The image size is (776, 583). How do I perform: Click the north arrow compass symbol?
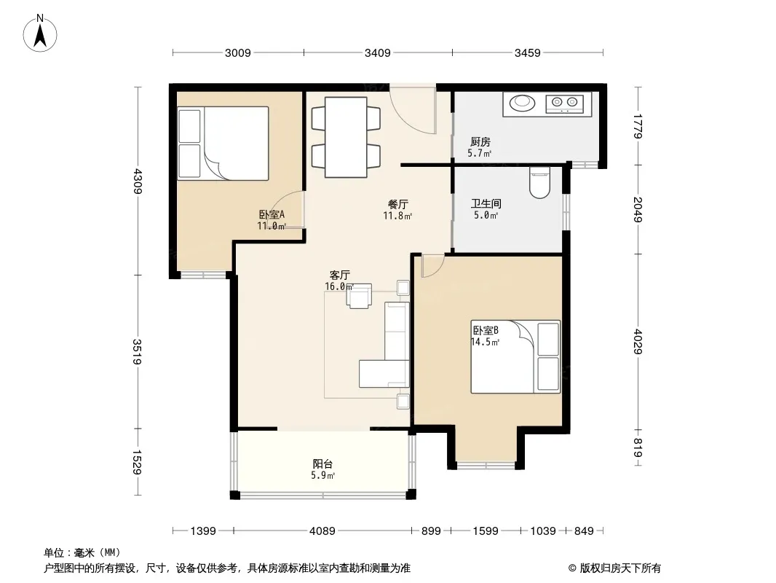[x=40, y=34]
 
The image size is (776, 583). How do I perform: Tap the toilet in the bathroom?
[x=539, y=182]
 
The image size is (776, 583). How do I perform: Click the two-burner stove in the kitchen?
[x=565, y=103]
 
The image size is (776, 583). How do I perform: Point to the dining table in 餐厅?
[x=346, y=137]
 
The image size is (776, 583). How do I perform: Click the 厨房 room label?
[x=480, y=142]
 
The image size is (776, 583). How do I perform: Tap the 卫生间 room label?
[x=486, y=203]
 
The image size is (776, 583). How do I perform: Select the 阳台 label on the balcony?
[x=322, y=464]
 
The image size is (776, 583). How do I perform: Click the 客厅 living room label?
[x=340, y=275]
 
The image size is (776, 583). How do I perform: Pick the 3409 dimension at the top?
[x=378, y=53]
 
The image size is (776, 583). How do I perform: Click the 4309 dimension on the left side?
[x=138, y=181]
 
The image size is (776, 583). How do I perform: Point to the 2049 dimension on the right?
[x=638, y=210]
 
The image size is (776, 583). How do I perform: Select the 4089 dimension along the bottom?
[x=322, y=531]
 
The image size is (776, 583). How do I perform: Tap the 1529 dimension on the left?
[x=138, y=461]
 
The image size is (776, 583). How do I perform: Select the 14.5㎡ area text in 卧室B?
[x=485, y=343]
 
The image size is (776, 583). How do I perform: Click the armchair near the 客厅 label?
[x=360, y=296]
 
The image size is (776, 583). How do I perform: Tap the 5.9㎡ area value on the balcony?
[x=322, y=476]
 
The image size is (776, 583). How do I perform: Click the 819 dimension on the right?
[x=638, y=447]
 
